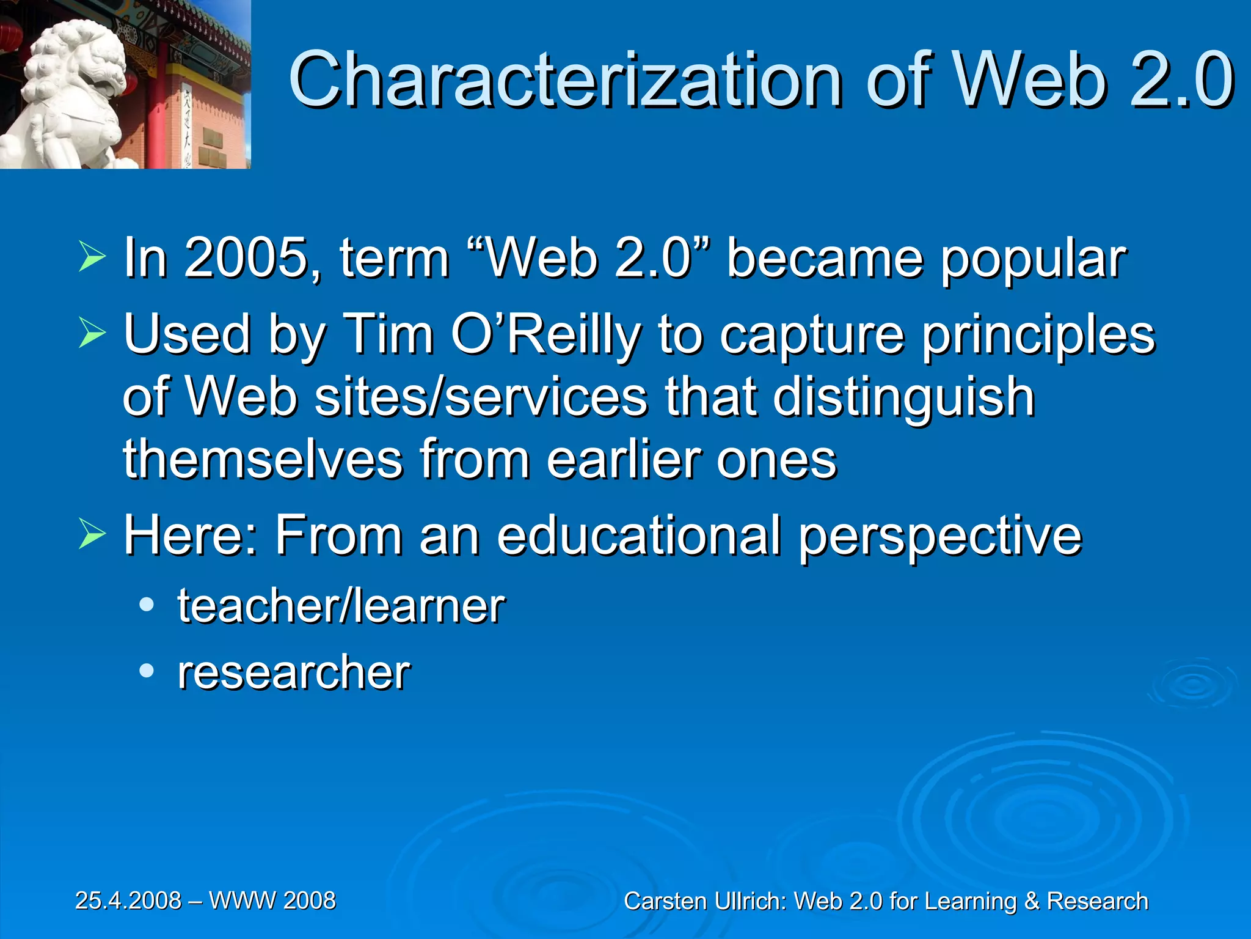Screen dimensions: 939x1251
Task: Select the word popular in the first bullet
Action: (1033, 259)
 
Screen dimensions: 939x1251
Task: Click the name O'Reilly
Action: (546, 334)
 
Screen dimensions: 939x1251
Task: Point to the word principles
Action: (1038, 336)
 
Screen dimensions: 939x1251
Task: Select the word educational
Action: (639, 536)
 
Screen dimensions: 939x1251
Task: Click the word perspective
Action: (940, 537)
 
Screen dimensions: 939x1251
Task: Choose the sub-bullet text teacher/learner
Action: (341, 606)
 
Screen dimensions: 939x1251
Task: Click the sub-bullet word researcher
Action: (294, 672)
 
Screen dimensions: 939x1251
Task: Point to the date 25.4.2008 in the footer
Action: (128, 900)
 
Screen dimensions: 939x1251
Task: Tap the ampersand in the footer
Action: (1032, 902)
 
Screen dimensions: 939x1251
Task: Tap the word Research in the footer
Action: (1098, 902)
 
